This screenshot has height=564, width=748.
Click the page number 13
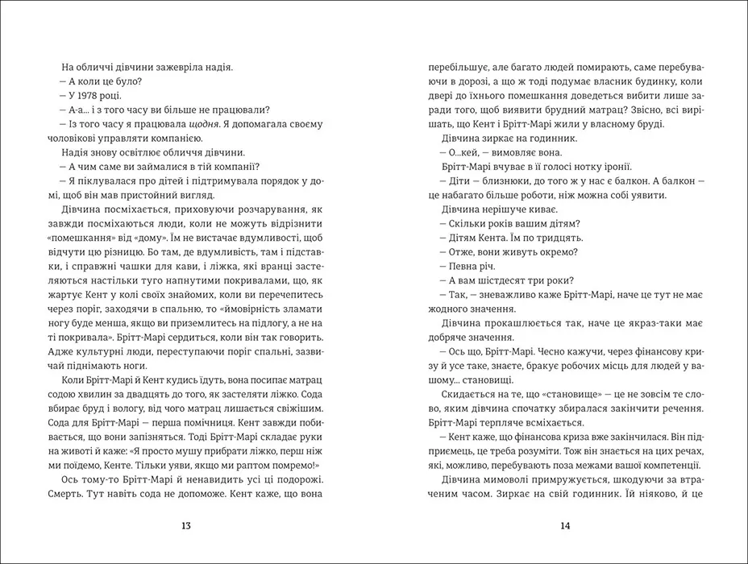click(x=187, y=526)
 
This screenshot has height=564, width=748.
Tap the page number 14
click(x=564, y=526)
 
